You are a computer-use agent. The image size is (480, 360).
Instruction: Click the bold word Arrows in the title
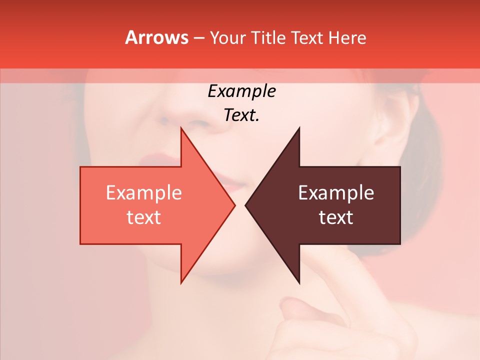click(156, 37)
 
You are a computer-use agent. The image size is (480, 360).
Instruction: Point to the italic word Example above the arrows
click(241, 91)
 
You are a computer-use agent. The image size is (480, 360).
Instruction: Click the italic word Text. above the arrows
click(241, 115)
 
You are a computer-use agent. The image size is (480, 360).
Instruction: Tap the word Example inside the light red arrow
click(143, 193)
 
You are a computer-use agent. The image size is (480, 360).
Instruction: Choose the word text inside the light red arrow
click(143, 217)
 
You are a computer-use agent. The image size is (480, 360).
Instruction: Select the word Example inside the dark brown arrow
click(336, 193)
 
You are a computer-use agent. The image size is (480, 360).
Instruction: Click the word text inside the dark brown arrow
click(336, 217)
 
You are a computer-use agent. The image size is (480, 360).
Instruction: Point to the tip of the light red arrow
click(234, 205)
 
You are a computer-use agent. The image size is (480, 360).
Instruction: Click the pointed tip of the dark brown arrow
click(246, 205)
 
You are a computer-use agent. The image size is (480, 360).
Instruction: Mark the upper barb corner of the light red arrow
click(181, 128)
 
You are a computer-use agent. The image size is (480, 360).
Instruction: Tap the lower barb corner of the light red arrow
click(181, 282)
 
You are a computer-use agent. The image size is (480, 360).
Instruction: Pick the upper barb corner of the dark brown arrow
click(299, 128)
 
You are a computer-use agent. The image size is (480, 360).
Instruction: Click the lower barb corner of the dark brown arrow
click(299, 282)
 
